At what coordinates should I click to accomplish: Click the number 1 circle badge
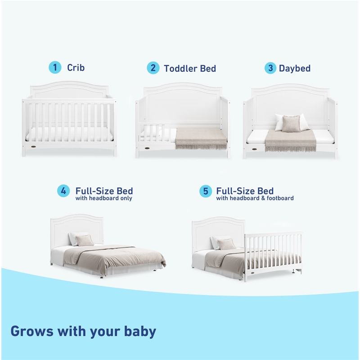(55, 68)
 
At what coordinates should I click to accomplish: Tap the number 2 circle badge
(153, 68)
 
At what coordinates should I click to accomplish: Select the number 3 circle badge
(270, 68)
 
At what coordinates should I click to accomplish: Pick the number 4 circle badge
(63, 191)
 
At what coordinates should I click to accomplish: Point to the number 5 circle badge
(206, 191)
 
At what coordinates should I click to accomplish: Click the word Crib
(76, 68)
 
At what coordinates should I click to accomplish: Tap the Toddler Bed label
(189, 68)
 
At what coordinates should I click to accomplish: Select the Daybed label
(294, 68)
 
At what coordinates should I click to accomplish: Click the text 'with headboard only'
(104, 198)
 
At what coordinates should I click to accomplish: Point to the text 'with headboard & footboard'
(255, 198)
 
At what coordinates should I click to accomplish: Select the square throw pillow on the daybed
(291, 124)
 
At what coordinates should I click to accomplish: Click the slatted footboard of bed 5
(273, 252)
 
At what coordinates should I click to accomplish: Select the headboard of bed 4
(77, 227)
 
